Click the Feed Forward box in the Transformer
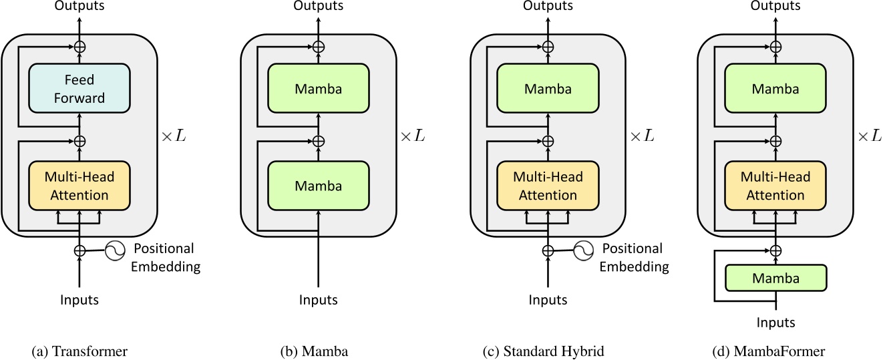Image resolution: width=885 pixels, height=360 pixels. point(79,89)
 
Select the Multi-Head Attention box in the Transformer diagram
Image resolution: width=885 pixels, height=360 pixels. point(79,186)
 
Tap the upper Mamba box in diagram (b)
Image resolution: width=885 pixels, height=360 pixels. point(318,89)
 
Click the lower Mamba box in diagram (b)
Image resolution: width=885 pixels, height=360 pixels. point(318,186)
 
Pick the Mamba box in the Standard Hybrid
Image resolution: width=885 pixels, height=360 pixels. point(548,89)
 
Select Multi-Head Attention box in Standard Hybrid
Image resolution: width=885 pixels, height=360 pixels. point(548,186)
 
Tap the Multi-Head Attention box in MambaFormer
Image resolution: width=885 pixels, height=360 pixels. point(775,186)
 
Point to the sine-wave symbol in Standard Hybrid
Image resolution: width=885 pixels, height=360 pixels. point(584,251)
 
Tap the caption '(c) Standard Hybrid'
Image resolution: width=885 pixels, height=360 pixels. point(548,351)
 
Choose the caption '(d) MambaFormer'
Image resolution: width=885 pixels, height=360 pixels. point(775,351)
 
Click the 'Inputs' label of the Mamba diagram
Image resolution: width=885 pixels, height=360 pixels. point(318,300)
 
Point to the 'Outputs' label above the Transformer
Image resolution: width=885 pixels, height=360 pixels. point(79,6)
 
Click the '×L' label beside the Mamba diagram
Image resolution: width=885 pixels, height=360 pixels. point(411,136)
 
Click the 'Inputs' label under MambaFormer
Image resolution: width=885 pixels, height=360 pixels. point(775,323)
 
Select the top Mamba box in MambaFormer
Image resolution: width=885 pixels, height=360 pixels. point(775,89)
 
